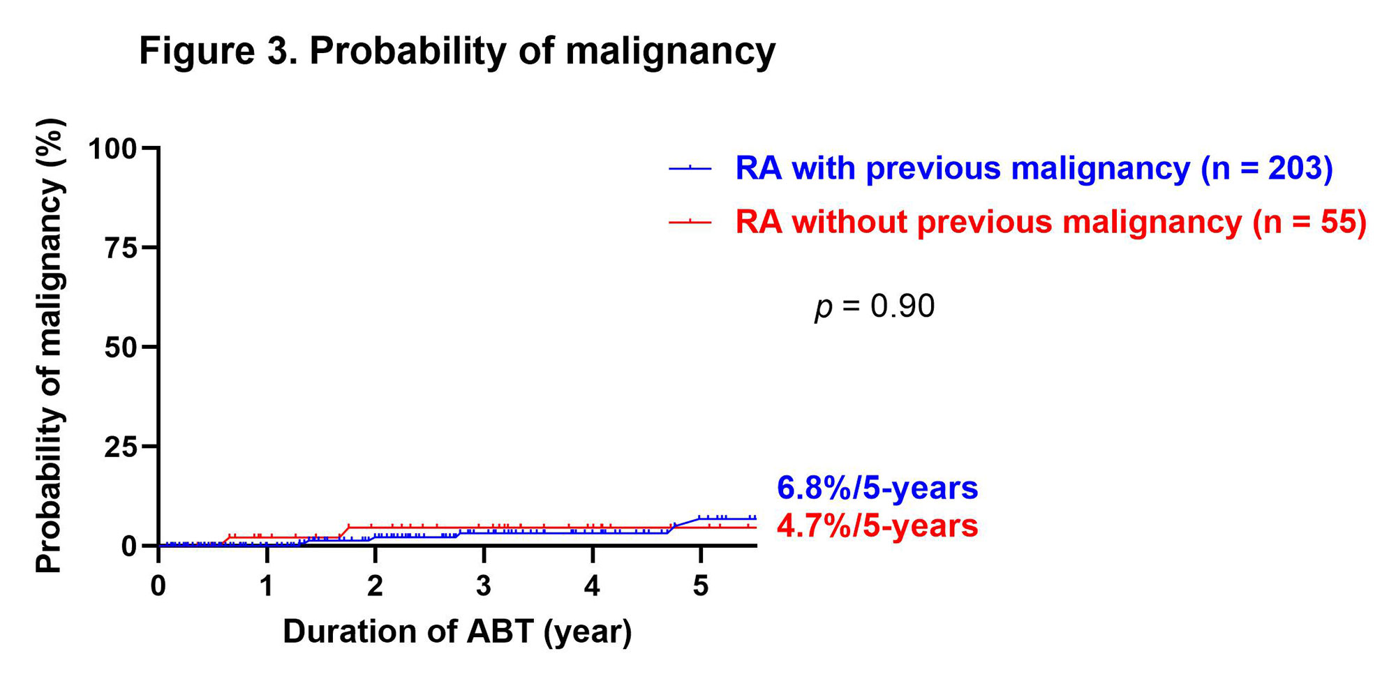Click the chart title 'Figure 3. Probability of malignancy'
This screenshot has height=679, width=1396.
click(457, 51)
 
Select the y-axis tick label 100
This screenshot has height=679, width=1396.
click(112, 149)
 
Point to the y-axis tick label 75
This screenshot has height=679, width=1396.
click(121, 248)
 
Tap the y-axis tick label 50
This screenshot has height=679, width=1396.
click(121, 348)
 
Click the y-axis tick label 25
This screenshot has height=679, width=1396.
click(121, 447)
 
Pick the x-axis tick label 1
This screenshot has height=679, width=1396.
click(267, 586)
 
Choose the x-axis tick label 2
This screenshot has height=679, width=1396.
click(375, 586)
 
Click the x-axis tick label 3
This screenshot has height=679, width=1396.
click(484, 586)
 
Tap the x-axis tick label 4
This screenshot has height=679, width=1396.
click(592, 586)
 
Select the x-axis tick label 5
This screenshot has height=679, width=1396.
click(700, 586)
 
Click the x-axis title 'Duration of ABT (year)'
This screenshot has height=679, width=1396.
click(457, 632)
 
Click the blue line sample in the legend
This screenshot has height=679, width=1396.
click(690, 168)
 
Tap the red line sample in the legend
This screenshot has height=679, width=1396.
click(690, 222)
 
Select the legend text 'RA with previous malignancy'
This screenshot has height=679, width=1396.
click(963, 168)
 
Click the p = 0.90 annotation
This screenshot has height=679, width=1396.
click(875, 306)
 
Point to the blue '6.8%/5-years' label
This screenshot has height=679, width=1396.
click(877, 488)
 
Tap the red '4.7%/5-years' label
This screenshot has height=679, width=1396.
click(877, 526)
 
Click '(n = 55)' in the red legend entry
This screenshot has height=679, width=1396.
click(1309, 222)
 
